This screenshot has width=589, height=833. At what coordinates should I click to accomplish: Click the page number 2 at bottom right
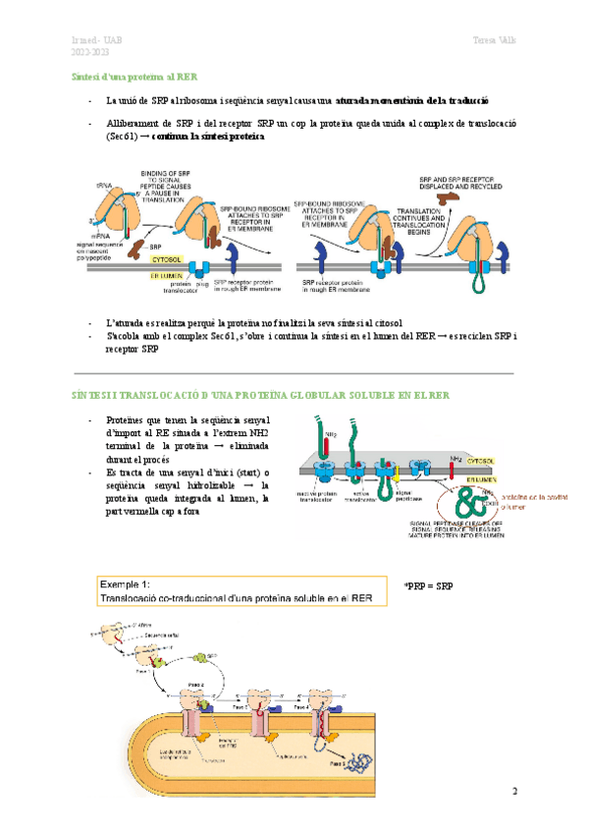click(x=512, y=792)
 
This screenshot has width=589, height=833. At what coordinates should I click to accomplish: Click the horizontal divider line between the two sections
click(x=294, y=374)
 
